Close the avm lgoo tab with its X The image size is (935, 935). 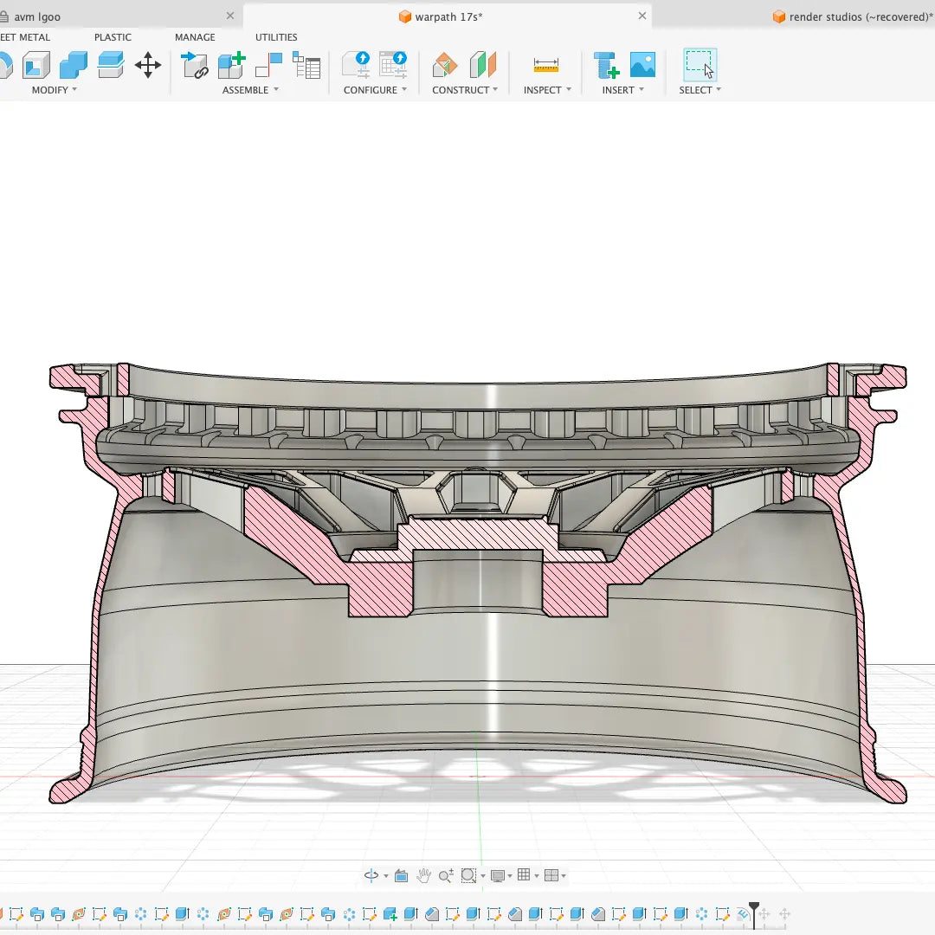[230, 16]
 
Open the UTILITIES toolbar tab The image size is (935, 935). [276, 37]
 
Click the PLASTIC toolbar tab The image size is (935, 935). [113, 37]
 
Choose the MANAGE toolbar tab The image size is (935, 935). [195, 37]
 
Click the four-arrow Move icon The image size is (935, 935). [148, 65]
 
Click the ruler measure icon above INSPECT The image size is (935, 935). [546, 65]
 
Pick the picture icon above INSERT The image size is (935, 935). [642, 65]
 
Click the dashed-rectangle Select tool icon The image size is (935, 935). [700, 65]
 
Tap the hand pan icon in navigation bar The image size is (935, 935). [423, 876]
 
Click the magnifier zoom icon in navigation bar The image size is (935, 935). [445, 876]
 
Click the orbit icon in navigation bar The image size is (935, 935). [371, 876]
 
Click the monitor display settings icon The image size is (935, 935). [498, 876]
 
